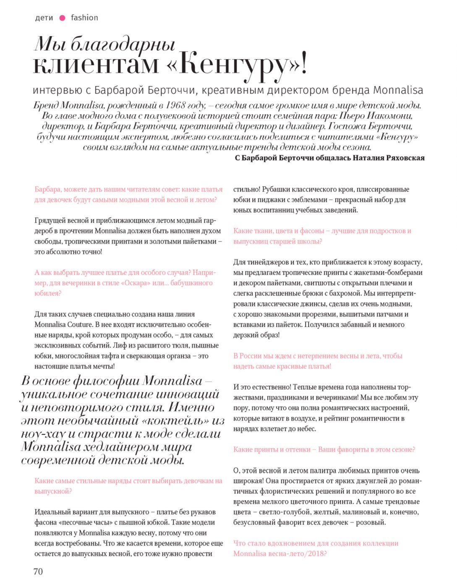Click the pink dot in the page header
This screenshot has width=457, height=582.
coord(63,18)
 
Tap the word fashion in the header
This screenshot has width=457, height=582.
coord(84,18)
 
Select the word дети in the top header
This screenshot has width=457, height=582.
coord(44,18)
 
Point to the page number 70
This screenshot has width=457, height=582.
coord(38,571)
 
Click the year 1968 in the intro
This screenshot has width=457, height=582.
coord(176,105)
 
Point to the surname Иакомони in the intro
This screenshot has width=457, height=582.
coord(390,116)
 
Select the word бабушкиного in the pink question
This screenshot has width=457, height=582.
coord(191,283)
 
